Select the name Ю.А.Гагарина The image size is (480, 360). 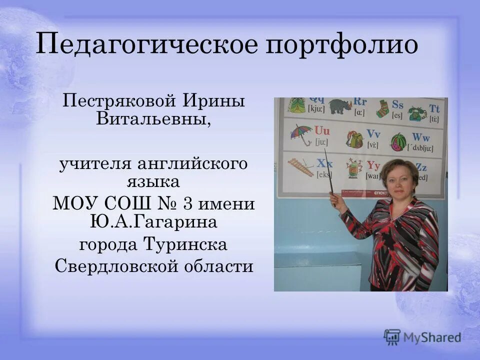click(x=154, y=221)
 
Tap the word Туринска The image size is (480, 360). click(x=186, y=245)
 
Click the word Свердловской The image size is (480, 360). click(x=115, y=266)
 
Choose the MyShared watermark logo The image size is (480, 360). click(x=423, y=337)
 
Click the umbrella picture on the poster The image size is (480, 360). click(x=301, y=133)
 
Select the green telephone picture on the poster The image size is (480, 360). click(x=416, y=113)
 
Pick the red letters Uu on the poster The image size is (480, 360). click(x=322, y=131)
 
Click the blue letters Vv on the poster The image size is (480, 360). click(x=373, y=133)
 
